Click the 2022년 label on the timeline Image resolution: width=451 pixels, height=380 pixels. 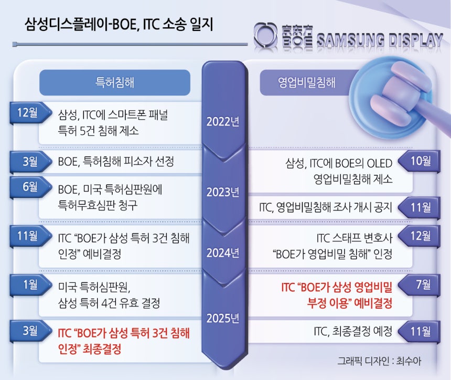tap(223, 121)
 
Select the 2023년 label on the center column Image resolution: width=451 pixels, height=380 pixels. tap(223, 192)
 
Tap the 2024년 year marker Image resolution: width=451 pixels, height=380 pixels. tap(223, 253)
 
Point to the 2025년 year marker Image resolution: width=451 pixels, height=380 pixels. tap(223, 318)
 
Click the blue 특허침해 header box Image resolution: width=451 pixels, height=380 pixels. tap(115, 82)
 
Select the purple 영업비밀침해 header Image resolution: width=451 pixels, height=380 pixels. tap(307, 82)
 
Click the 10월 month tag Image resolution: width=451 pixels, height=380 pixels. tap(420, 161)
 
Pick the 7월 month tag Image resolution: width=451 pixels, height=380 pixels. tap(420, 284)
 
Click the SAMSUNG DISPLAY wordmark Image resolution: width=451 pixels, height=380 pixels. tap(379, 40)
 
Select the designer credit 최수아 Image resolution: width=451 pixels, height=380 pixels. tap(409, 361)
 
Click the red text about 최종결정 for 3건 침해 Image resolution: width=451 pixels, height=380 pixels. tap(124, 341)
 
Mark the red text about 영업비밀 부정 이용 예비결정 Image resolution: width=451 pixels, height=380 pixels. tap(337, 295)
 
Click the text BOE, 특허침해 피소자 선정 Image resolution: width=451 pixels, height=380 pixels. tap(116, 161)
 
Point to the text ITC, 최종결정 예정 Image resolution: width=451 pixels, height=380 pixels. tap(353, 331)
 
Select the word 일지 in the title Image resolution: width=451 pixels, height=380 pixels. tap(201, 24)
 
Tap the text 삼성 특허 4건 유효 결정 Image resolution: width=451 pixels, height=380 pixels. tap(109, 303)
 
